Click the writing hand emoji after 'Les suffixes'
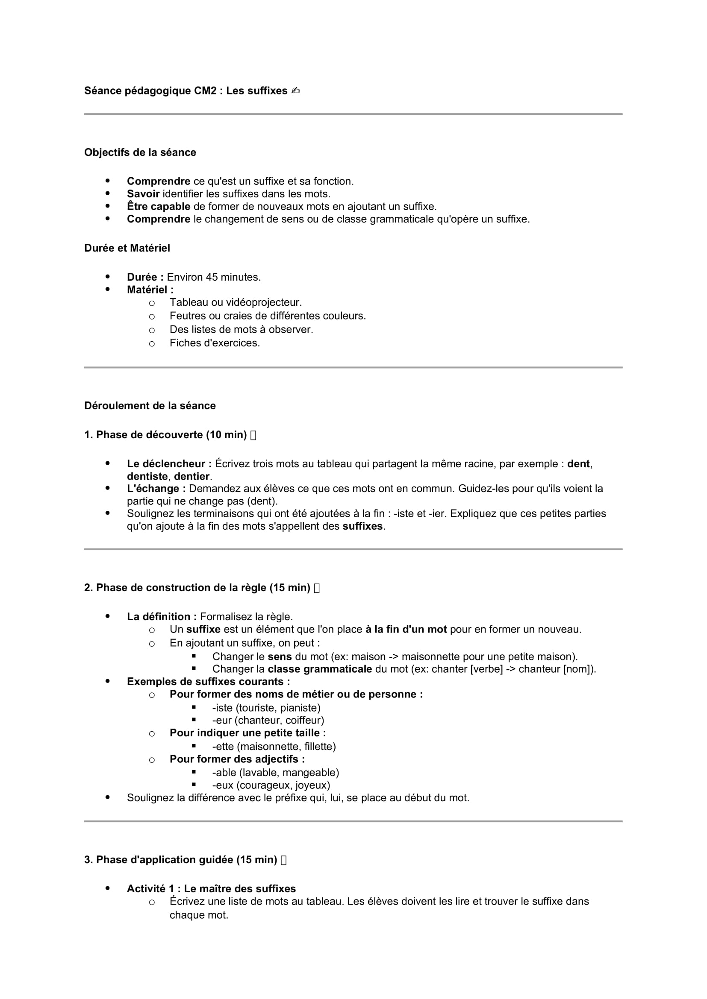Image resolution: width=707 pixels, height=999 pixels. pos(296,91)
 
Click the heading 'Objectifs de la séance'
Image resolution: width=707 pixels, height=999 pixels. pos(140,152)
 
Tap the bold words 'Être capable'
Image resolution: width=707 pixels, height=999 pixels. pos(159,206)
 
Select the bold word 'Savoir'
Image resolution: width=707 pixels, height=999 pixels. pos(143,193)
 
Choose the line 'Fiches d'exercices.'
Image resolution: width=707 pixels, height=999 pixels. pos(215,343)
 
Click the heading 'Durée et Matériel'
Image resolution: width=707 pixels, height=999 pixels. pos(127,248)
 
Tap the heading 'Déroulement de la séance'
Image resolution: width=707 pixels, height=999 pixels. pos(150,405)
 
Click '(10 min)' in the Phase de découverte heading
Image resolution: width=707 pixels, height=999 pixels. pos(227,435)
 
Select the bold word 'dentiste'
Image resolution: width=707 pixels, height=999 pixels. pos(147,477)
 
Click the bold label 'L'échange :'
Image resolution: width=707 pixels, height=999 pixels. pos(156,489)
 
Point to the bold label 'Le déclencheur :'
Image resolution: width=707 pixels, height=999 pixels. pos(169,464)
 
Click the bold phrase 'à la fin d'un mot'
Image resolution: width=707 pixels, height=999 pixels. pos(406,629)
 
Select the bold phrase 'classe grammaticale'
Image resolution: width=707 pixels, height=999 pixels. pos(320,669)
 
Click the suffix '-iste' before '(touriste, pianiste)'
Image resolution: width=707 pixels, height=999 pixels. pos(222,708)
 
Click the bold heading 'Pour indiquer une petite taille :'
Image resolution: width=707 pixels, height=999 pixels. pos(248,733)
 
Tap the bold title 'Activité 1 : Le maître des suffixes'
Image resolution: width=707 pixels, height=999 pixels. pos(211,888)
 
